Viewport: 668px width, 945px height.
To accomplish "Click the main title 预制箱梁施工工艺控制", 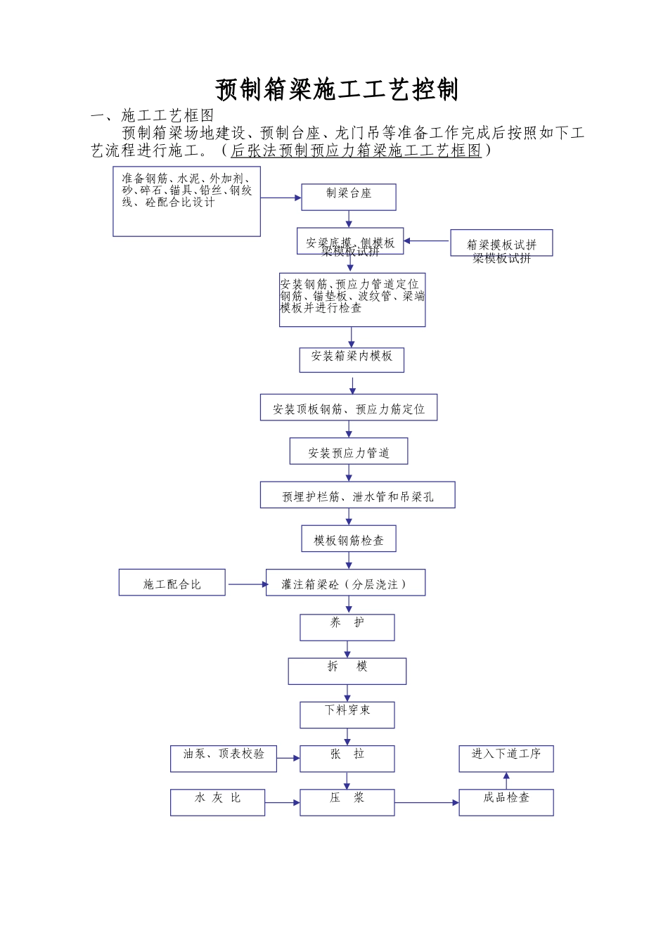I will point(337,90).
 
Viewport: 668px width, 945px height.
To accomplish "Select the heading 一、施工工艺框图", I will point(153,115).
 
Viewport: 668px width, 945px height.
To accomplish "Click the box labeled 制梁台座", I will point(349,197).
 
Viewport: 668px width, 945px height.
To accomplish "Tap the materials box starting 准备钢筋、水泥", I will point(186,201).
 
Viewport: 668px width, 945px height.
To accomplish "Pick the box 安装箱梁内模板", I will point(352,359).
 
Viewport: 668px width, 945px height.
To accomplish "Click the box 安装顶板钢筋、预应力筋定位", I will point(349,408).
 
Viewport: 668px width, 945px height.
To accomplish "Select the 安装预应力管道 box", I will point(349,451).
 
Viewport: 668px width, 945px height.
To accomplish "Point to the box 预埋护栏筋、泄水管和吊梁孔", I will point(357,495).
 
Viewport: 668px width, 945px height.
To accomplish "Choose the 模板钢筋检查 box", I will point(349,539).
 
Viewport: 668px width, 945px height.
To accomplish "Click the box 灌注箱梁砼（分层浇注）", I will point(345,583).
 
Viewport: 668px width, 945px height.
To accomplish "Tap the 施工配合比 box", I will point(172,583).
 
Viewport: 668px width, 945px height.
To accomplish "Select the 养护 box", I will point(347,626).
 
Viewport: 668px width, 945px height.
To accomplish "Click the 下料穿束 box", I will point(347,714).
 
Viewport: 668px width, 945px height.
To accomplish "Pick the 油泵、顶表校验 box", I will point(223,758).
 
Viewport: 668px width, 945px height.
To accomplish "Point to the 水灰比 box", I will point(217,802).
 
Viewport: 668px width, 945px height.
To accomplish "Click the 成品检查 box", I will point(506,802).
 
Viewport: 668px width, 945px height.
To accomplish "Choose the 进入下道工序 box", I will point(506,758).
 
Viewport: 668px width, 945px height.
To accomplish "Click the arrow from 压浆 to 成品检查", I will point(426,802).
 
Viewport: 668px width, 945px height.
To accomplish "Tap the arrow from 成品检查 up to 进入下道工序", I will point(506,780).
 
